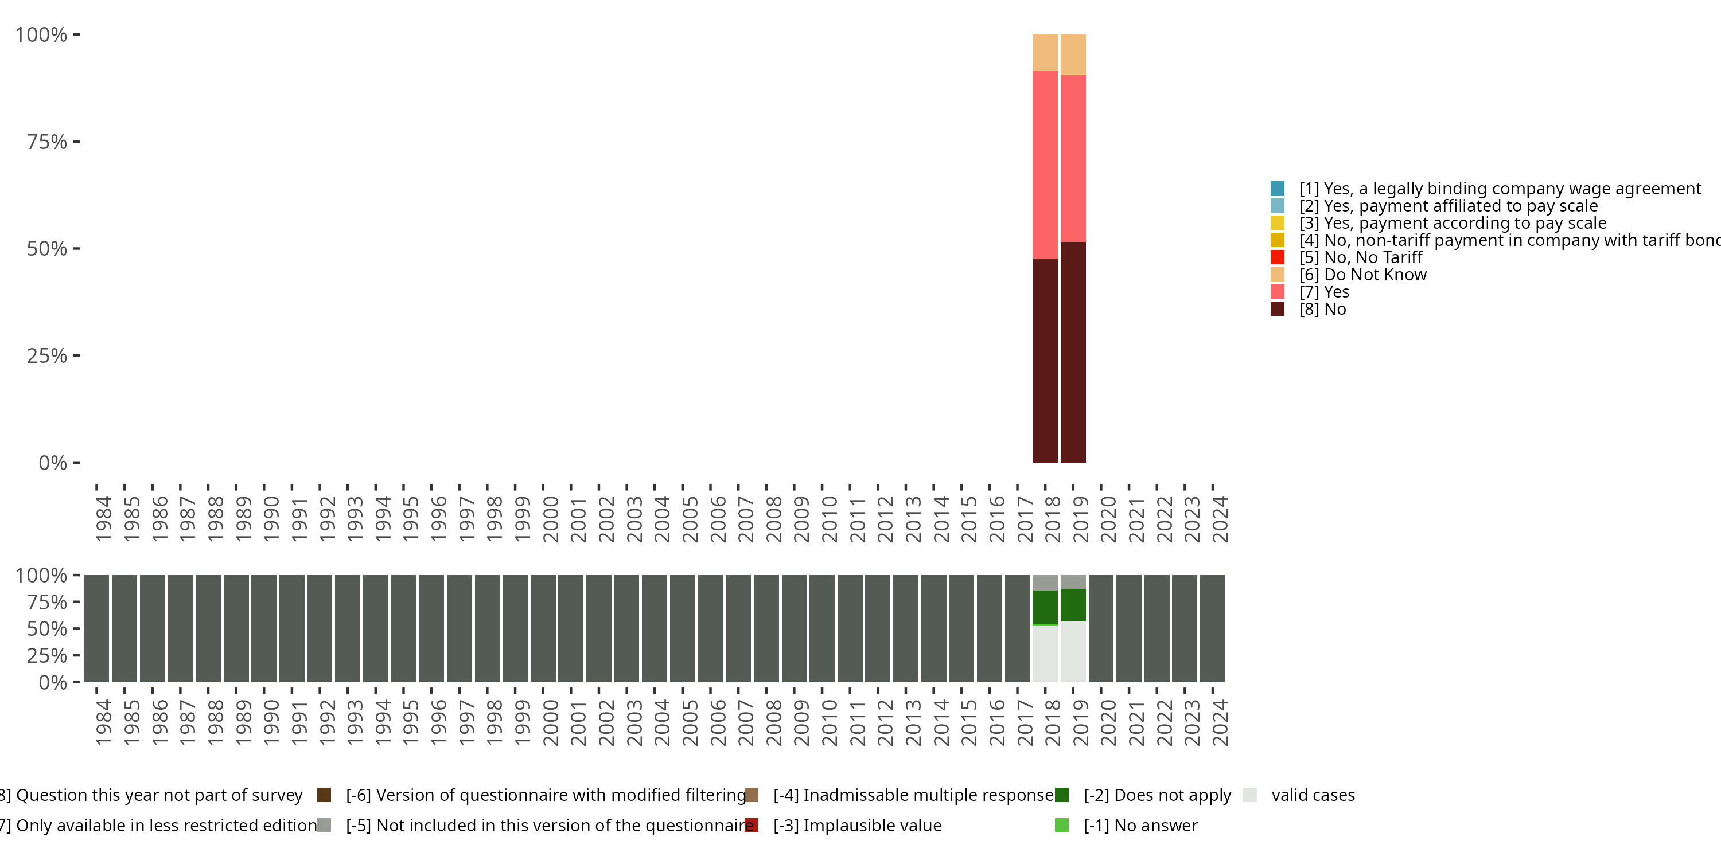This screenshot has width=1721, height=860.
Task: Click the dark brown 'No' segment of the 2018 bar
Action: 1044,361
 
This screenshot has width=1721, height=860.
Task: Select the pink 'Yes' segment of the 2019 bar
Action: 1072,158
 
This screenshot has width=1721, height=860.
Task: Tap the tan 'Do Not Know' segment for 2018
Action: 1044,53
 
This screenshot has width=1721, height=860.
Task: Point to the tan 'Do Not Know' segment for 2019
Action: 1072,54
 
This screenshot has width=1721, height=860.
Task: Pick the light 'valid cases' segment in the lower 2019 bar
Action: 1072,651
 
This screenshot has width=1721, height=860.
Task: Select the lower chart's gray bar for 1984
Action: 97,628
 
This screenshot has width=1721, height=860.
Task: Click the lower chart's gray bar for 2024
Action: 1212,628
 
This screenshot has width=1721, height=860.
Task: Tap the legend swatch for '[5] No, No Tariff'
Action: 1277,257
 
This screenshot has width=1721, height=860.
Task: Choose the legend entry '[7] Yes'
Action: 1323,292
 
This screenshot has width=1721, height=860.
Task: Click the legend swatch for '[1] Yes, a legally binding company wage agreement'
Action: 1277,188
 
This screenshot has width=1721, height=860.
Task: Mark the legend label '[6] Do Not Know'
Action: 1362,275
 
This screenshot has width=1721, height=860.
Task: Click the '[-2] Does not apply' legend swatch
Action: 1062,795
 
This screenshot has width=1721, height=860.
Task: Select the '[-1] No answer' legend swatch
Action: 1062,825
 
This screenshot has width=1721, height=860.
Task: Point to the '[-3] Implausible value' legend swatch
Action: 752,825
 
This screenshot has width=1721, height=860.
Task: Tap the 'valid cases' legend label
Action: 1313,795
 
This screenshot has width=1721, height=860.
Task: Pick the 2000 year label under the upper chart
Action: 551,519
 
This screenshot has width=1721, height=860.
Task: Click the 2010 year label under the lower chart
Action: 829,722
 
